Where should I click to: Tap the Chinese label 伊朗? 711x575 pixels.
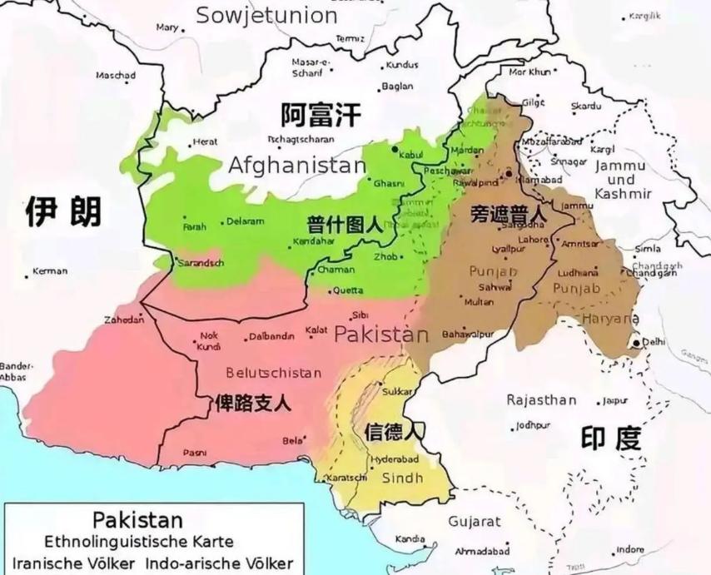click(x=62, y=211)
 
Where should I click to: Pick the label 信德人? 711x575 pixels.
click(x=393, y=431)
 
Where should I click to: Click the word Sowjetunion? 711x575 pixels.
click(x=266, y=15)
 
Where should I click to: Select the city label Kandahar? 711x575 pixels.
click(x=312, y=242)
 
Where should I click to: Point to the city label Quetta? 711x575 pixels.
click(x=347, y=290)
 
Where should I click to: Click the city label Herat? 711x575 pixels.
click(x=205, y=142)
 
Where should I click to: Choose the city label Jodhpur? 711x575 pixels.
click(x=533, y=425)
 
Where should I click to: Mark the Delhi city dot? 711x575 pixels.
click(x=637, y=342)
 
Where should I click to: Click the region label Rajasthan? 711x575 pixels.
click(x=541, y=400)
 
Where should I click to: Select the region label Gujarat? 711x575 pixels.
click(x=475, y=522)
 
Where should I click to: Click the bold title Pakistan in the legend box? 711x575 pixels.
click(x=137, y=520)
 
